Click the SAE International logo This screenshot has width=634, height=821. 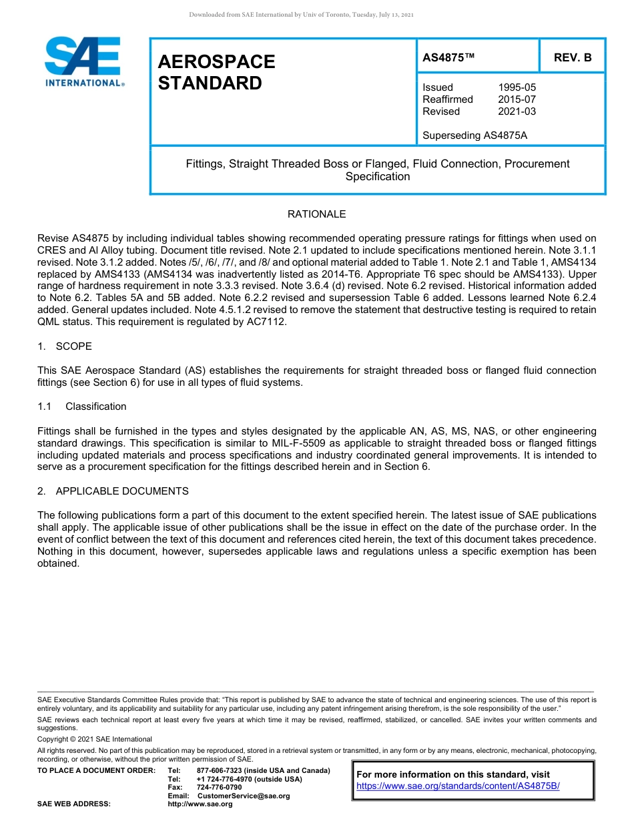point(84,61)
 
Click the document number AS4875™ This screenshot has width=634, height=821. point(448,58)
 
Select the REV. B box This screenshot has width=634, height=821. point(573,58)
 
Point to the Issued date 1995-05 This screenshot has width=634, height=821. point(517,87)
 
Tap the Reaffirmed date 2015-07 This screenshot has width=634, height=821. point(517,99)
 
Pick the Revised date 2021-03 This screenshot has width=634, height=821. point(517,111)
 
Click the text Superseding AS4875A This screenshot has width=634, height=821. point(474,135)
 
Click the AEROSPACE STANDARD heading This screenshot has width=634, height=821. point(216,73)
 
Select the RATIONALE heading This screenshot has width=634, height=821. point(316,214)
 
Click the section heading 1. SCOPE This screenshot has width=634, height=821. point(65,346)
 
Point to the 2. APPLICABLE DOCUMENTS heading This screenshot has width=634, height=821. point(113,491)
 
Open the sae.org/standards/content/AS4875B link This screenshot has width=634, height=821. point(458,786)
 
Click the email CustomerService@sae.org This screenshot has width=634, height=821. point(244,796)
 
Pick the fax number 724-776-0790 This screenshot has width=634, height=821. point(219,788)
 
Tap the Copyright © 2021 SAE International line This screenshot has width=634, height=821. point(95,739)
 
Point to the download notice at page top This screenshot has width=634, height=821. point(302,15)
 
